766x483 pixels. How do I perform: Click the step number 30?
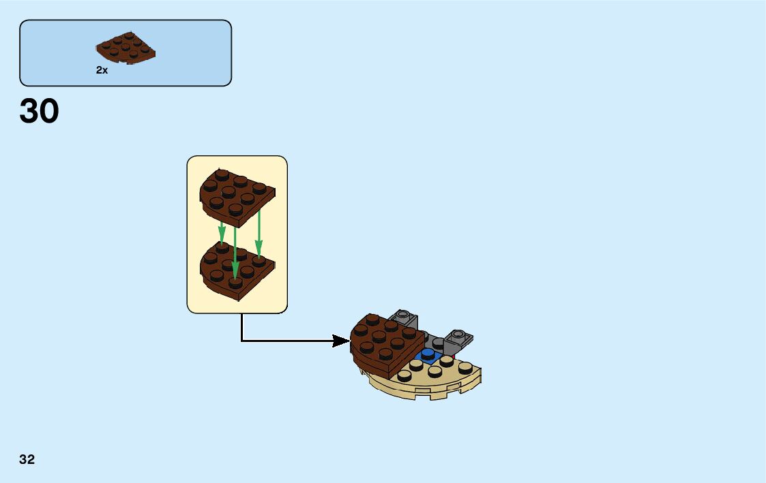pos(40,112)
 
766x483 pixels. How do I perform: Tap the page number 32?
pos(27,460)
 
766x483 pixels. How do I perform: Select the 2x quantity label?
pos(102,70)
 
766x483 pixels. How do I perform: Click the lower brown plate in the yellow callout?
pos(235,270)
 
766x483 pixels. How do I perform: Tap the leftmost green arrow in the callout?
pos(222,235)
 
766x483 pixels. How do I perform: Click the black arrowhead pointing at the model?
pos(341,341)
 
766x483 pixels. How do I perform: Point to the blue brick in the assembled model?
pos(428,354)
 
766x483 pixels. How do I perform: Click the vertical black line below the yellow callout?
pos(241,327)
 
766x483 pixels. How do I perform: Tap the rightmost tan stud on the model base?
pos(466,369)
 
